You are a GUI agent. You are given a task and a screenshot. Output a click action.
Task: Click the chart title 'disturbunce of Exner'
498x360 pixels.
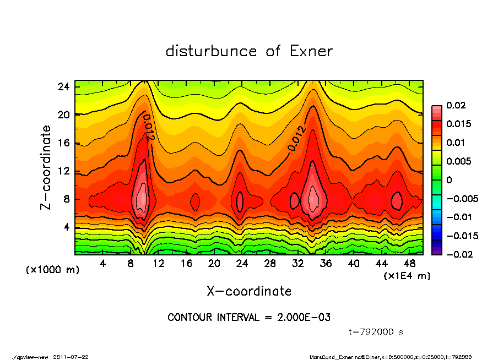[249, 51]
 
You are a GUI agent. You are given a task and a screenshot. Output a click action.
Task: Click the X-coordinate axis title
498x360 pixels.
[249, 291]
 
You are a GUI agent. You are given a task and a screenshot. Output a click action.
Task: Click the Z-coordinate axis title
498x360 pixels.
[46, 167]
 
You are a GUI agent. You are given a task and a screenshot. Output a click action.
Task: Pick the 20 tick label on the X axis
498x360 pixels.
[214, 263]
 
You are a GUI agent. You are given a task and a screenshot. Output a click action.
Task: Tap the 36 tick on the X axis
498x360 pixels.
[326, 263]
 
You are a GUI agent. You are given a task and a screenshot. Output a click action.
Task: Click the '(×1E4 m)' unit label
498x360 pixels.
[407, 275]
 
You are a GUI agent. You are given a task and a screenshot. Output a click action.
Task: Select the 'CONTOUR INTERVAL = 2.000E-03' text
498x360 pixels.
[249, 318]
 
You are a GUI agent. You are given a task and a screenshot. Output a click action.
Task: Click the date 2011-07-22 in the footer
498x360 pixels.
[71, 357]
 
